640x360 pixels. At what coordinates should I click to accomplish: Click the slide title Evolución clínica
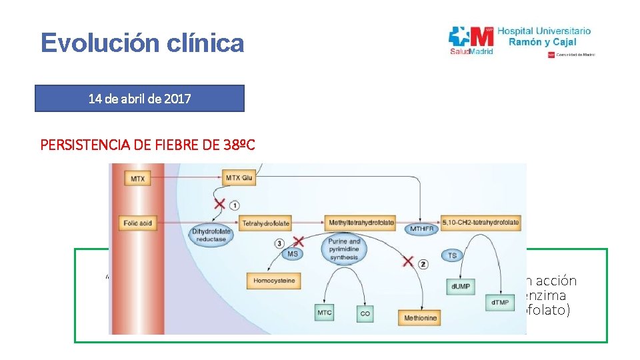point(142,43)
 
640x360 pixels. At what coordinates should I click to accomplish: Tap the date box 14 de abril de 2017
point(140,99)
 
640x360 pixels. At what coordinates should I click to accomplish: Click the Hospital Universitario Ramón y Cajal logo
point(521,41)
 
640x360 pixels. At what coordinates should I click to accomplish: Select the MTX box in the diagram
point(137,179)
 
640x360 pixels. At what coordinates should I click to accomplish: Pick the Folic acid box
point(138,223)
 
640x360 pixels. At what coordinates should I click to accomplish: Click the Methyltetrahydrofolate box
point(361,222)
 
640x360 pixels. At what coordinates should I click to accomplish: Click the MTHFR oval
point(422,229)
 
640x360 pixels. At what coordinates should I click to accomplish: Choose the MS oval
point(293,253)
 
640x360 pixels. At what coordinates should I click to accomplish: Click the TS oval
point(453,255)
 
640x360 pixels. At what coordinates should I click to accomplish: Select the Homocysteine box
point(274,281)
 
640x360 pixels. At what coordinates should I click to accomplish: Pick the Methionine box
point(421,318)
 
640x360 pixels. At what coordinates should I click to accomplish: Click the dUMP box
point(461,286)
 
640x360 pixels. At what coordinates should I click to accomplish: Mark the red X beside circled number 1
point(218,204)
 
